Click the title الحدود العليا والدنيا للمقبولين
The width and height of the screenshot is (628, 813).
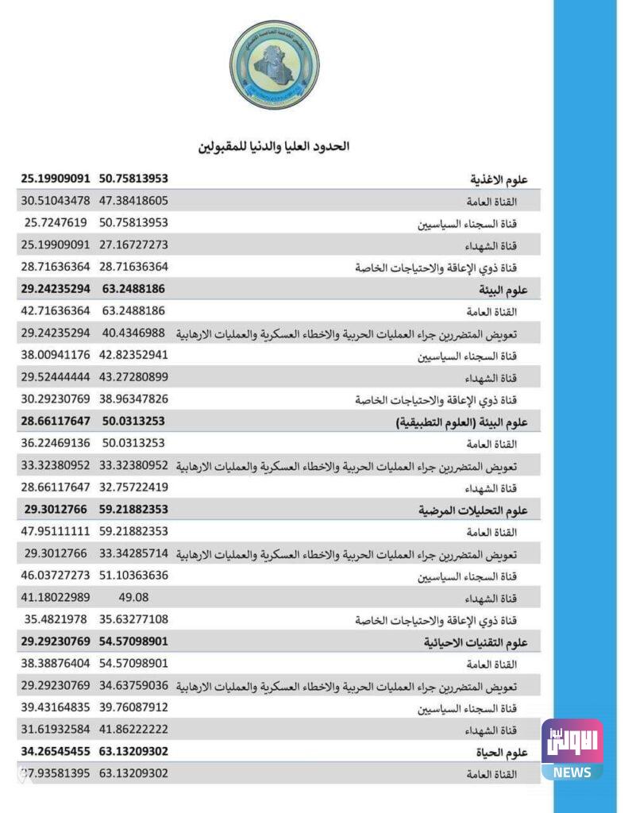point(274,146)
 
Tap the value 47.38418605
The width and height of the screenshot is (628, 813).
point(133,201)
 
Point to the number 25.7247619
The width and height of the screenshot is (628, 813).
point(56,223)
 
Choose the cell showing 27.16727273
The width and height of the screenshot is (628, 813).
point(133,245)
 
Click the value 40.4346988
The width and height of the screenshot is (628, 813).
point(133,333)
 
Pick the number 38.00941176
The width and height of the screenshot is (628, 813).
point(56,355)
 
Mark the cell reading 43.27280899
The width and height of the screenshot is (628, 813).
point(133,376)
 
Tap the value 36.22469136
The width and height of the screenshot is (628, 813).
point(56,443)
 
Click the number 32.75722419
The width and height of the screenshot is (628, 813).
point(133,487)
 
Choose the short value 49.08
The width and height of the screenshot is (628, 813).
point(133,596)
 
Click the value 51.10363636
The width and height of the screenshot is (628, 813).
point(133,575)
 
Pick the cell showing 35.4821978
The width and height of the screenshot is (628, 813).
point(56,618)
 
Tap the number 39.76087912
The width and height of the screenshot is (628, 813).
point(133,707)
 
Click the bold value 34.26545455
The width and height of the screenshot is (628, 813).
point(56,750)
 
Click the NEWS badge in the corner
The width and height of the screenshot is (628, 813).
point(572,773)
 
